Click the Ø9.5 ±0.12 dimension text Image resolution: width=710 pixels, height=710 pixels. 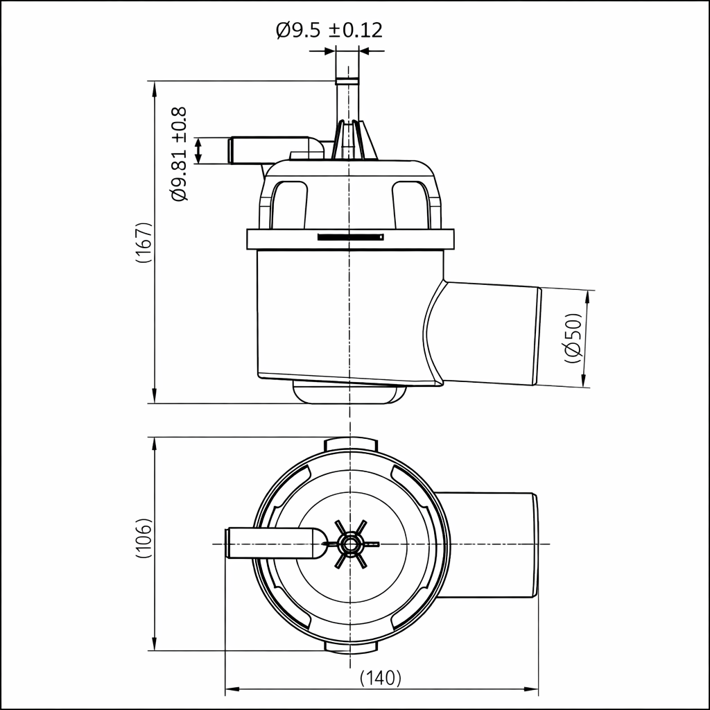click(x=329, y=31)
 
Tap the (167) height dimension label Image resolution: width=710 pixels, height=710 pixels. click(x=143, y=243)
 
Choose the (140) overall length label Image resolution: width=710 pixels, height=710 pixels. click(x=381, y=677)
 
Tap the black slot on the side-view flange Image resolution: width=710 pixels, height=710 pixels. click(x=350, y=237)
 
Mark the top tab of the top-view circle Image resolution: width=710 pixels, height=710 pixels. click(x=351, y=444)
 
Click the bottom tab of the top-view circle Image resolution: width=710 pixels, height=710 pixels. click(x=351, y=646)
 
